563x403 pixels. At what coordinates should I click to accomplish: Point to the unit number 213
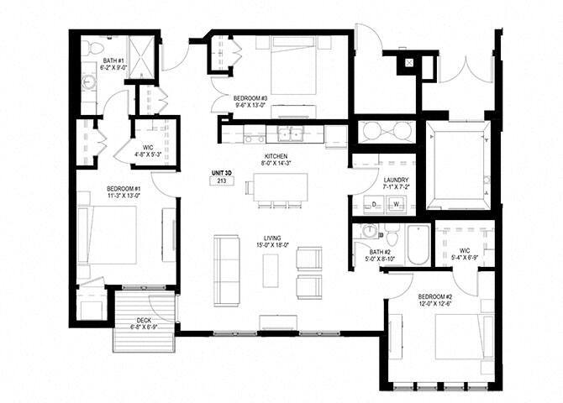(222, 181)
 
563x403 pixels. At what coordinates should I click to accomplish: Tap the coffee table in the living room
(270, 270)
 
